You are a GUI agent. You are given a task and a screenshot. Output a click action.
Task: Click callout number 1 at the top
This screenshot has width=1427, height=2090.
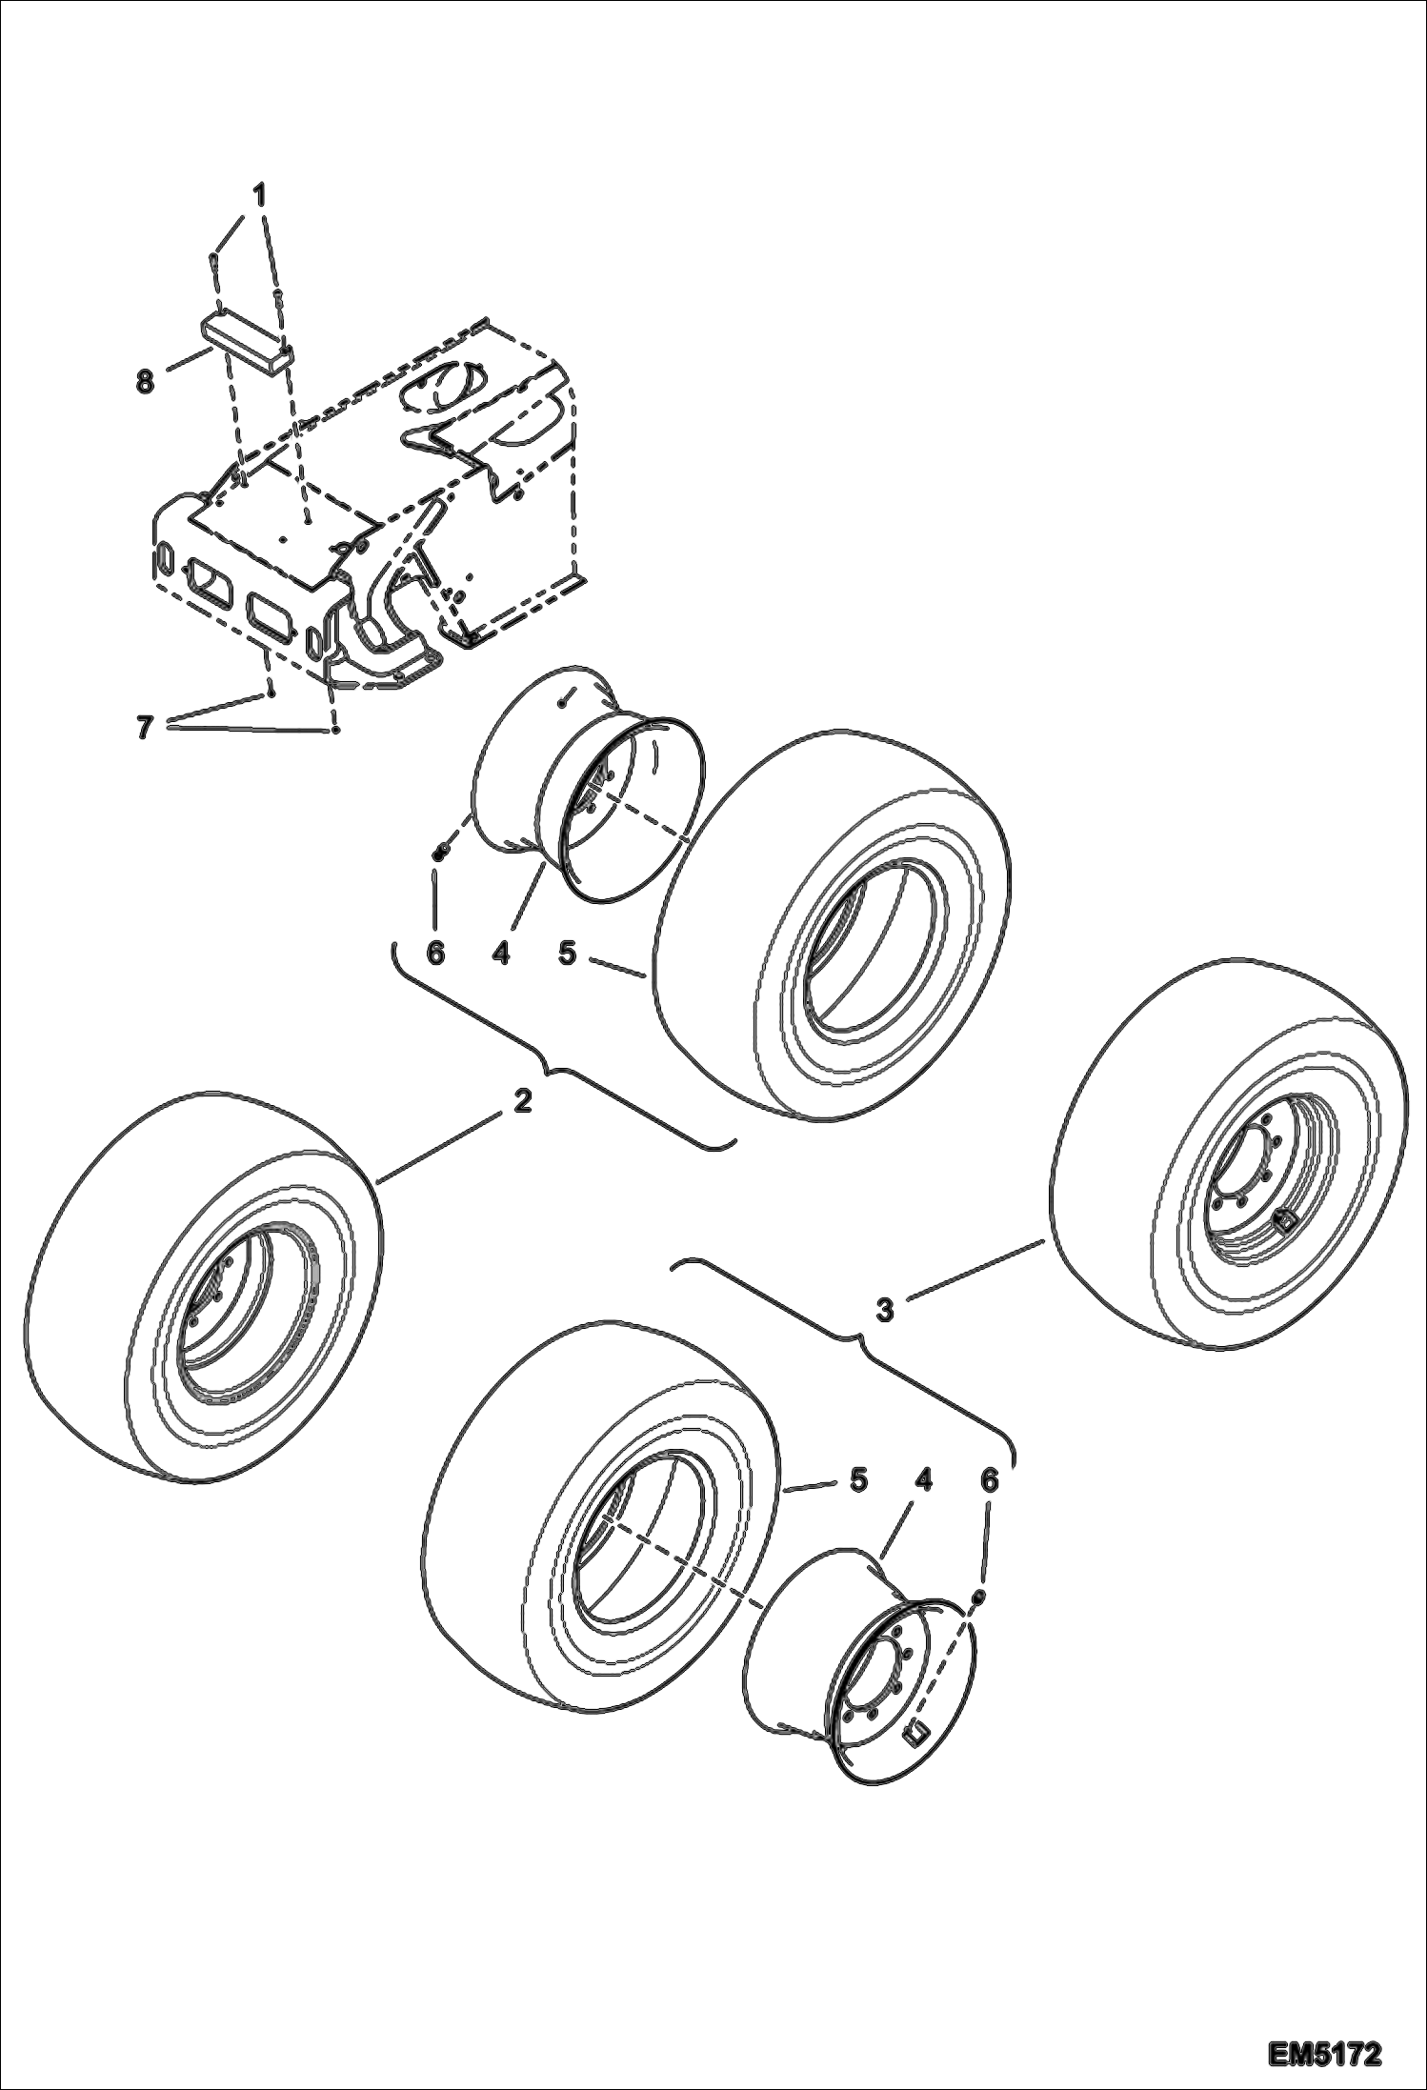click(259, 195)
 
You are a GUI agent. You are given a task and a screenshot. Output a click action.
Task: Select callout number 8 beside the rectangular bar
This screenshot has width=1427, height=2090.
click(145, 384)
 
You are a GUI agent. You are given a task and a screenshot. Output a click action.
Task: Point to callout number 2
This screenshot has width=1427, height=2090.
click(521, 1102)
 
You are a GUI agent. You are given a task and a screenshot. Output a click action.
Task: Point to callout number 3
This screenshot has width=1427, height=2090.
click(885, 1311)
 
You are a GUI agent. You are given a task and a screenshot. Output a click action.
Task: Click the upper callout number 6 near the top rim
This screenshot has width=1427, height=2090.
click(435, 953)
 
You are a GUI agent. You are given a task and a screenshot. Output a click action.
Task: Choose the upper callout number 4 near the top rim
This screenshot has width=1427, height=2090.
click(501, 953)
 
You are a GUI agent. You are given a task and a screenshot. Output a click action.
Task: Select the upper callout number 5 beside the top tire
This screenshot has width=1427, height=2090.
click(568, 953)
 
